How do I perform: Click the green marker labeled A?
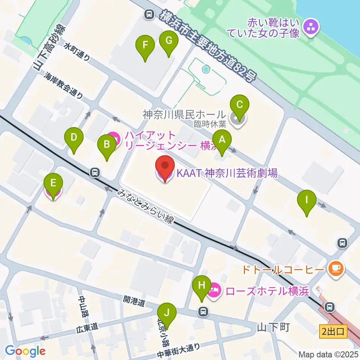click(x=222, y=140)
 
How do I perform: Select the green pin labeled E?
click(x=53, y=184)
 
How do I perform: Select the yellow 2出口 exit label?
click(x=333, y=331)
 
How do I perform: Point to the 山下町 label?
click(x=273, y=328)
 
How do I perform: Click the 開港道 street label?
click(x=134, y=301)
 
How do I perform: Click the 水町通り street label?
click(x=77, y=51)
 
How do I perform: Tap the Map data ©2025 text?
click(x=328, y=354)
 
